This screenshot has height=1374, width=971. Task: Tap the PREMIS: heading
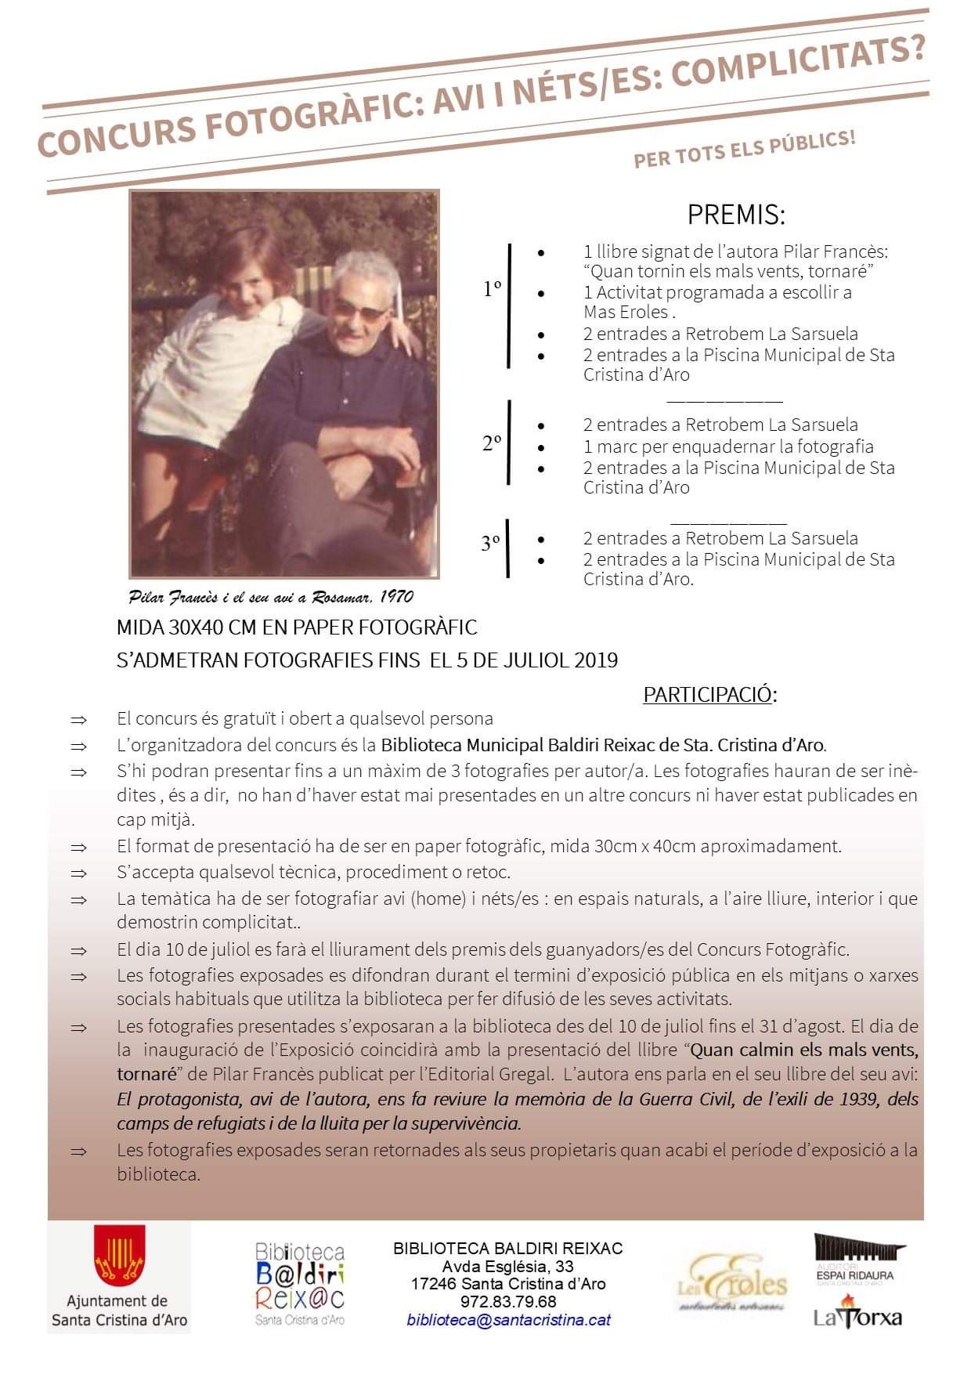point(735,214)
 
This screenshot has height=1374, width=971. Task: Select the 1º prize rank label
point(492,289)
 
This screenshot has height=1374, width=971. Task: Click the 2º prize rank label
point(492,443)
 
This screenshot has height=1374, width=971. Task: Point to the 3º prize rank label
point(491,542)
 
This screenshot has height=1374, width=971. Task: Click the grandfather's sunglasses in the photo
point(359,311)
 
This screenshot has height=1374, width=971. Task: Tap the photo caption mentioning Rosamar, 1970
point(271,597)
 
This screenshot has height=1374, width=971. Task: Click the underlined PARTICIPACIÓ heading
point(707,695)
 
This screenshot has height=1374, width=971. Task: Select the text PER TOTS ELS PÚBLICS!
point(745,150)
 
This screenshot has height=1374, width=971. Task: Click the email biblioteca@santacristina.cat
point(508,1320)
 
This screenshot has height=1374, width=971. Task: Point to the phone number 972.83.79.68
point(508,1302)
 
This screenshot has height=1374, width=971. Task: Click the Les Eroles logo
point(733,1285)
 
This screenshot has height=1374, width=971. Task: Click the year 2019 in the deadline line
point(596,660)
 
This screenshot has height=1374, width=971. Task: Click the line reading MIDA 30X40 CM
point(296,627)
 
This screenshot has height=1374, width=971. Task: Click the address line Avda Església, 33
point(507,1267)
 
